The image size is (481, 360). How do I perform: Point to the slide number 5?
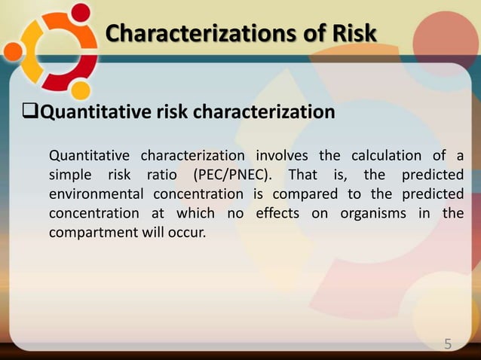click(448, 344)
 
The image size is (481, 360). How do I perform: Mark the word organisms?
click(365, 213)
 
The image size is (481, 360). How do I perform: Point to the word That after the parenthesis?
click(314, 175)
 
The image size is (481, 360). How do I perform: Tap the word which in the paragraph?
click(199, 213)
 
